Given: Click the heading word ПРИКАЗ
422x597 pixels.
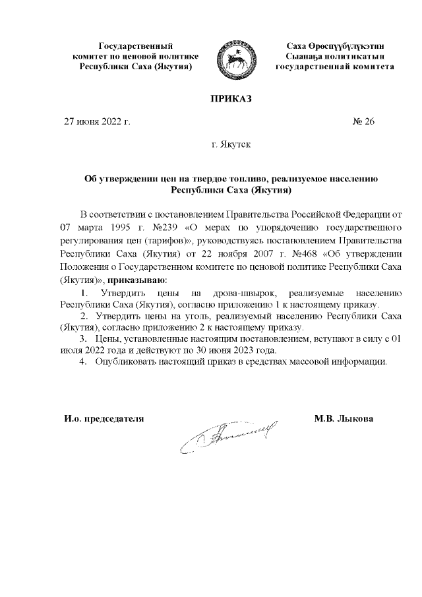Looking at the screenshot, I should (x=231, y=100).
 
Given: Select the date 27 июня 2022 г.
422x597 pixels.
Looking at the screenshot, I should (x=96, y=121).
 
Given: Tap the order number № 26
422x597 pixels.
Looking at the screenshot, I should (x=364, y=121).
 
